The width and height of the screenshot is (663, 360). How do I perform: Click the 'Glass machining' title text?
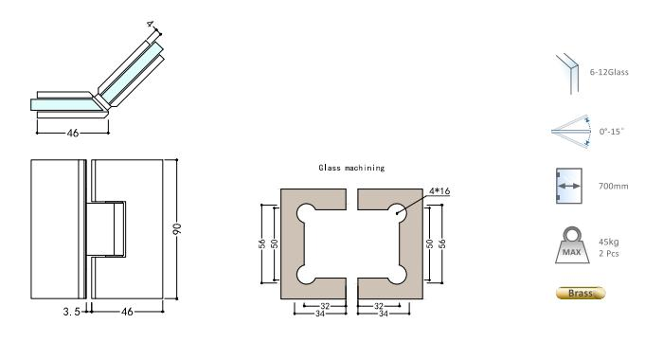click(350, 168)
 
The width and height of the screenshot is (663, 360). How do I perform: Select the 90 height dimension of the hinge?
click(179, 229)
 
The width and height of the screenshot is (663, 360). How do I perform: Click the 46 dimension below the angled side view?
click(72, 133)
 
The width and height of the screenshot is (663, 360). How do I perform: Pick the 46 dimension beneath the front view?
click(126, 310)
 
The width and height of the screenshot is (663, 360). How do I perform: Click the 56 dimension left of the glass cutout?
click(261, 243)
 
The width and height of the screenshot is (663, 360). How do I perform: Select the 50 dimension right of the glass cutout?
click(429, 243)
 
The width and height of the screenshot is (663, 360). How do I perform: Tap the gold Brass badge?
click(580, 294)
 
